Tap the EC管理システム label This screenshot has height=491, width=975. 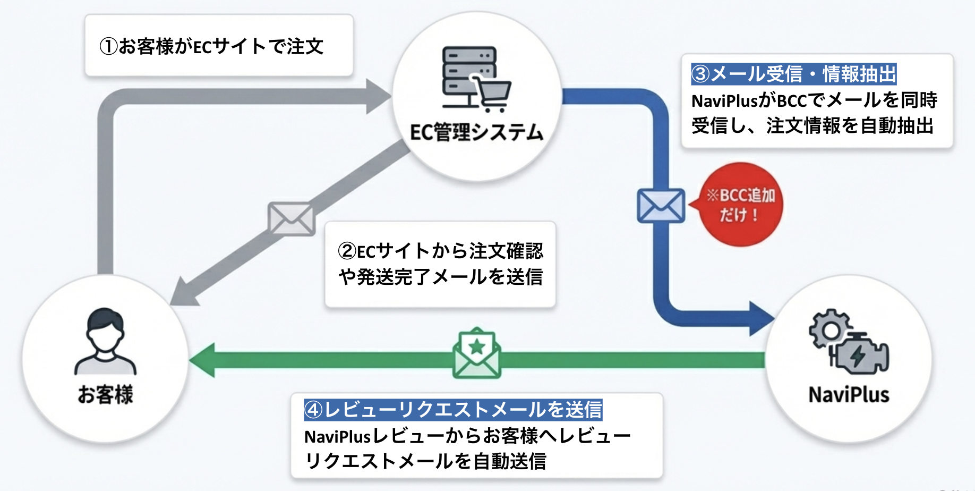[476, 132]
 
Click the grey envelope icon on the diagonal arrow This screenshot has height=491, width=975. [291, 218]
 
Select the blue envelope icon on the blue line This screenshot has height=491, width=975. [661, 206]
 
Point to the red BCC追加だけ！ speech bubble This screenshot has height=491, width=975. [741, 205]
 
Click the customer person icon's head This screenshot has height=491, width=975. [105, 327]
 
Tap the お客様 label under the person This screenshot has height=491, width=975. [105, 394]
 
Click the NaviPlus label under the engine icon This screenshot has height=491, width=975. [848, 395]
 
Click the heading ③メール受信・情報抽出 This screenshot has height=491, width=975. [793, 74]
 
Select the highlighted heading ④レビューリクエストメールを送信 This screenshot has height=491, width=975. [452, 410]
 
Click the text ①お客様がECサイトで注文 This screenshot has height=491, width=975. [211, 46]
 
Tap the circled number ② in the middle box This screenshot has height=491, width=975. [347, 251]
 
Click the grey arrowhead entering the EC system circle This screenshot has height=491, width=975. [378, 97]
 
